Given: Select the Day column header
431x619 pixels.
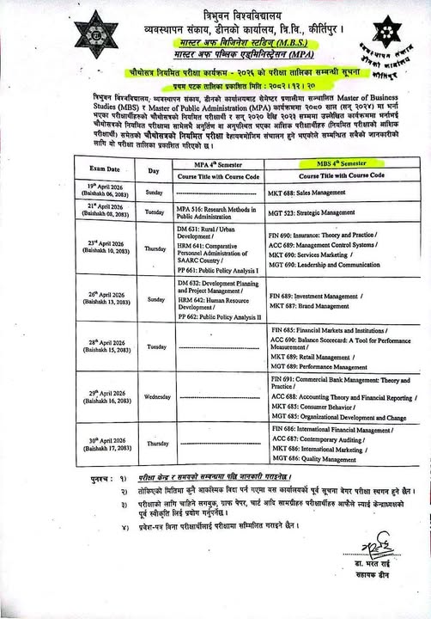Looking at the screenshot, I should click(154, 171).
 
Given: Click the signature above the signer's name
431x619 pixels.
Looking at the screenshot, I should click(367, 568).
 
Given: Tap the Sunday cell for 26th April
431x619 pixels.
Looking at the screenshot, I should click(155, 299).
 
